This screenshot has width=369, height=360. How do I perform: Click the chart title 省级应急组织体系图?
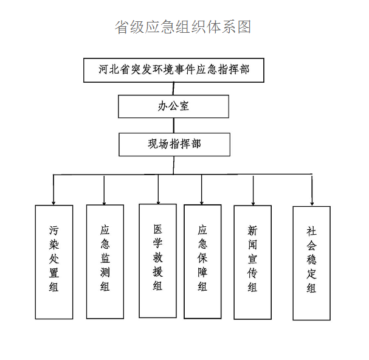[182, 27]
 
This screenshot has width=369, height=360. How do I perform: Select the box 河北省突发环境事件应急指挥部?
[174, 70]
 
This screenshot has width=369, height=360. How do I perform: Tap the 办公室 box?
[173, 106]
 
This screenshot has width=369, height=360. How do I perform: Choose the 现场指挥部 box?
[174, 144]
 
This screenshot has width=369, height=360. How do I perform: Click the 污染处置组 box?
[54, 262]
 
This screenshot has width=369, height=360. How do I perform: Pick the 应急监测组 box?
[105, 261]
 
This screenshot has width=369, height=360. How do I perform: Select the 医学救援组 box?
[157, 261]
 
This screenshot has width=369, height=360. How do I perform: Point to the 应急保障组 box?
[202, 261]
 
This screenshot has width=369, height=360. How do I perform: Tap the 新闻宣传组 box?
[252, 262]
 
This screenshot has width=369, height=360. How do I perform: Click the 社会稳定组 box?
[312, 263]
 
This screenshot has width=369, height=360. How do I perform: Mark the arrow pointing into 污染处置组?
[53, 190]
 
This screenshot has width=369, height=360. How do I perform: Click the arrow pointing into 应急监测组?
[104, 190]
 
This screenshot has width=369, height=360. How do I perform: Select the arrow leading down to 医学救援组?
[158, 189]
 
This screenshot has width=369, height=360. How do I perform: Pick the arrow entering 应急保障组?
[202, 190]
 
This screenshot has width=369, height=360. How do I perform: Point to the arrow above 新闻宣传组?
[253, 190]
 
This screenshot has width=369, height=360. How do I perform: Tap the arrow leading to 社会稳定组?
[312, 190]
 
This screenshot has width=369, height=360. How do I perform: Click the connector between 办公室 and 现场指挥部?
[174, 125]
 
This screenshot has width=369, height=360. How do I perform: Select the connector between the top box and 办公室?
[173, 89]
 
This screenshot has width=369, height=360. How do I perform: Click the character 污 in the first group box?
[53, 230]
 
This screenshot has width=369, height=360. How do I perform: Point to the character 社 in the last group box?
[311, 231]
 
